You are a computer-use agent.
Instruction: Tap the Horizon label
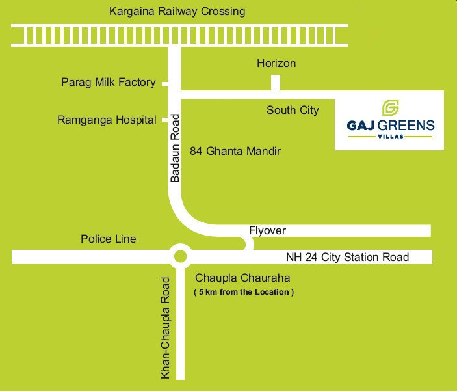click(276, 63)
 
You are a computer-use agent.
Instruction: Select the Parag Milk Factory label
click(109, 82)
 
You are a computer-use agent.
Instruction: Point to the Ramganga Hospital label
click(107, 120)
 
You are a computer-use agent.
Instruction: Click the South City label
click(293, 110)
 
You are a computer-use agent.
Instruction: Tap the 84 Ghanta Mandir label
click(235, 151)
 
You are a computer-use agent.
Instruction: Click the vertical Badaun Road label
click(175, 148)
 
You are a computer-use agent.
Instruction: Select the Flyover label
click(267, 231)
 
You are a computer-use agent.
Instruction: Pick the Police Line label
click(109, 239)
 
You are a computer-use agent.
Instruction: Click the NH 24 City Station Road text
click(348, 257)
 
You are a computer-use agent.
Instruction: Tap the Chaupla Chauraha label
click(242, 278)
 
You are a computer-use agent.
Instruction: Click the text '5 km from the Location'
click(244, 292)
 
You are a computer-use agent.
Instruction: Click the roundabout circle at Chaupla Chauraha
click(180, 256)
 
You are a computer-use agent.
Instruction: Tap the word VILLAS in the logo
click(389, 136)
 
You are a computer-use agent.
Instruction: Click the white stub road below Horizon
click(276, 82)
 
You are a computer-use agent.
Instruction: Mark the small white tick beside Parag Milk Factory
click(165, 83)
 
